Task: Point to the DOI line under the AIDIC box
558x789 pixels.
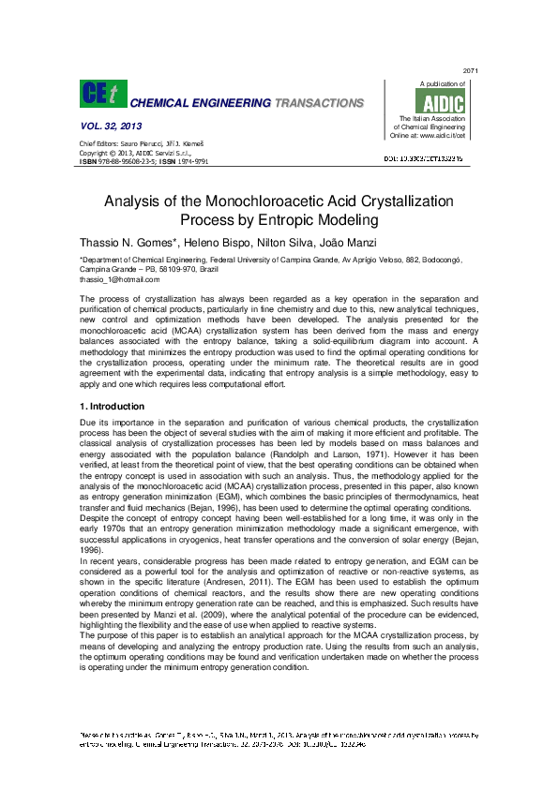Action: click(438, 160)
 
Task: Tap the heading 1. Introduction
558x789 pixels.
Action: click(113, 407)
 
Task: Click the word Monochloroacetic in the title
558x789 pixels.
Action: click(279, 201)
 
